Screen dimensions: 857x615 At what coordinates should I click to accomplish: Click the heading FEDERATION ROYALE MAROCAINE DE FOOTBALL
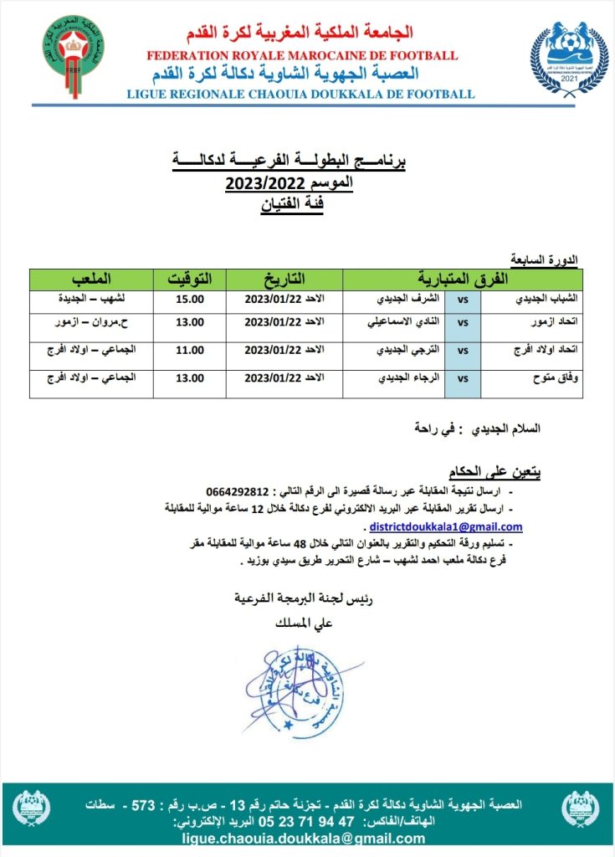click(x=302, y=55)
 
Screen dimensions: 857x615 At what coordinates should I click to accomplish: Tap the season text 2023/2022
click(x=264, y=185)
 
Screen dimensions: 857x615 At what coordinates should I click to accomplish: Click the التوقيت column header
click(x=191, y=278)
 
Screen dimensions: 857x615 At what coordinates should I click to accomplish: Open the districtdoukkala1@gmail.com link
click(x=446, y=527)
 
